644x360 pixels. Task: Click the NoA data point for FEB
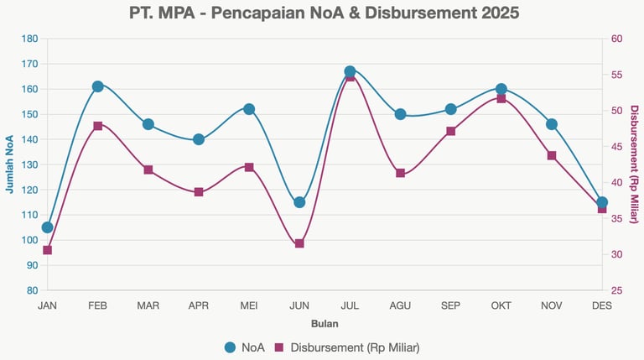coord(97,86)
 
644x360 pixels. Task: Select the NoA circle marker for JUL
coord(350,72)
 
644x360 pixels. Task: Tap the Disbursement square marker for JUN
coord(299,243)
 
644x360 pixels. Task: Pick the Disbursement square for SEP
coord(450,131)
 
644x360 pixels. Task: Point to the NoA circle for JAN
coord(47,227)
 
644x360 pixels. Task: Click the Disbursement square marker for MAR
coord(148,170)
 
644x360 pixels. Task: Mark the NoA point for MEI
coord(249,109)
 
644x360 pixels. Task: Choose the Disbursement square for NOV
coord(552,155)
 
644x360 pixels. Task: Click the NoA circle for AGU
coord(400,114)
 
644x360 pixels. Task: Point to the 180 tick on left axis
coord(29,39)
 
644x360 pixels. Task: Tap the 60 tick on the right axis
coord(616,39)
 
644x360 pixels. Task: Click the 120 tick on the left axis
coord(29,190)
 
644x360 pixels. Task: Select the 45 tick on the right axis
coord(616,147)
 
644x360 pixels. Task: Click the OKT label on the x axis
coord(501,305)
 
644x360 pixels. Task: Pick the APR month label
coord(198,305)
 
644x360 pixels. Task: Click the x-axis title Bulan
coord(325,323)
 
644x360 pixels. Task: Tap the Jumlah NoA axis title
coord(9,164)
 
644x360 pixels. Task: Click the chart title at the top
coord(325,13)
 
